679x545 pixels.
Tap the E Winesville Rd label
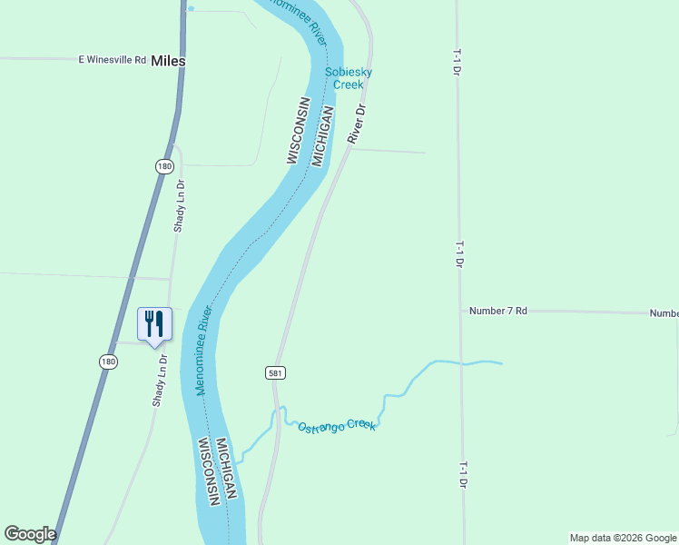coord(113,60)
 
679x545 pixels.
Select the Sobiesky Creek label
coord(349,78)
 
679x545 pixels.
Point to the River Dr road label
coord(357,124)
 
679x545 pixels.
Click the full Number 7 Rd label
coord(498,311)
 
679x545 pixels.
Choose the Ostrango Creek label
coord(337,424)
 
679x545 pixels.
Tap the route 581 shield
coord(277,372)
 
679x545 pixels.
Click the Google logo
coord(30,534)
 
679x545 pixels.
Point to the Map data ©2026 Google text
coord(623,538)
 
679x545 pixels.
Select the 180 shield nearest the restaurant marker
coord(109,362)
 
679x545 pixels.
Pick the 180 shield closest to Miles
coord(164,166)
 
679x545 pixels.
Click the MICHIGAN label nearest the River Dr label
coord(323,136)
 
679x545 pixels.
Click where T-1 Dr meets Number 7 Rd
coord(460,311)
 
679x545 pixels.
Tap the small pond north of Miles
coord(191,8)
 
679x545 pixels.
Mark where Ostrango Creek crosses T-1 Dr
coord(461,364)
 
